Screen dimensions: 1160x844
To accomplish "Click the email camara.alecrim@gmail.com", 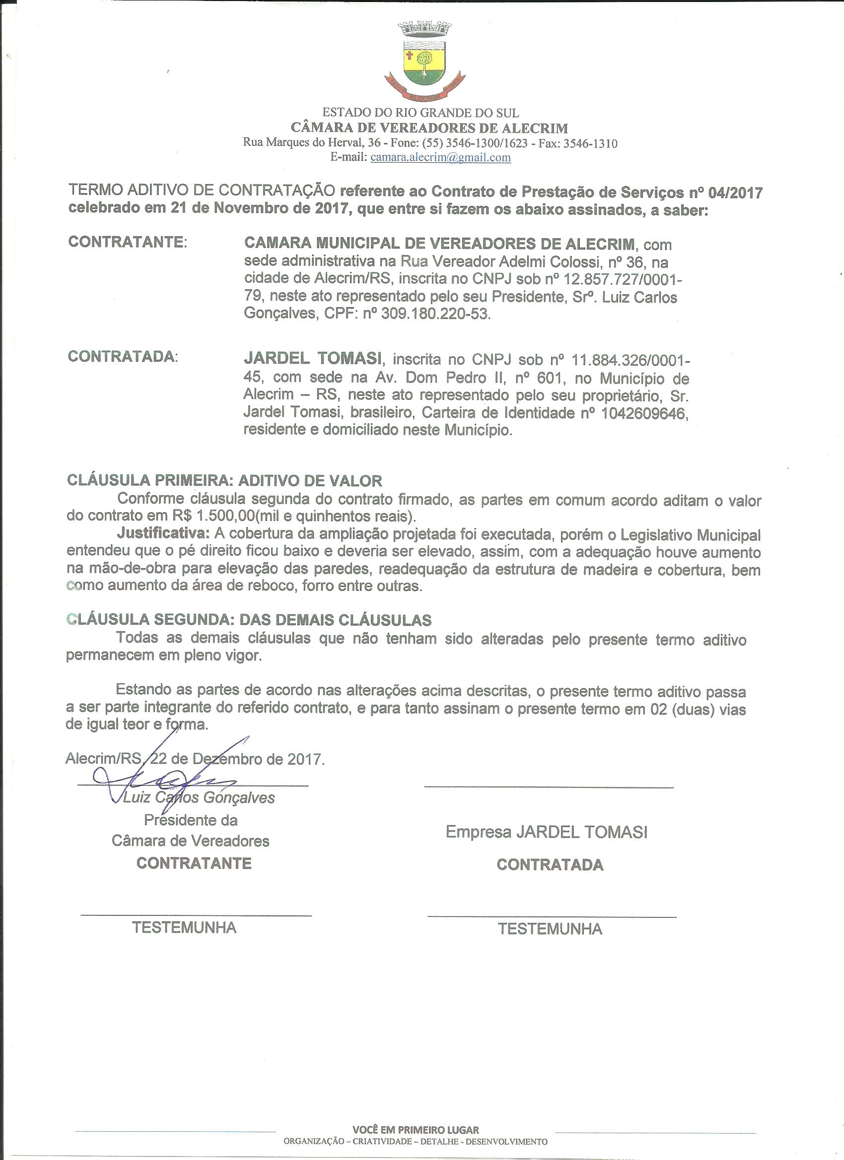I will click(440, 158).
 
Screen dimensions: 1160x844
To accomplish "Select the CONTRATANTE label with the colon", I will click(128, 242).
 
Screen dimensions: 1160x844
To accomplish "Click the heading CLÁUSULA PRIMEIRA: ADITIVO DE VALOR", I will click(225, 481).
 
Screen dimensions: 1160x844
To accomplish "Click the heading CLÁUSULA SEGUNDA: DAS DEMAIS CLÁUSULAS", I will click(249, 620).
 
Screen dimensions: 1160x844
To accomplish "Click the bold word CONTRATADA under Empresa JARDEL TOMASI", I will click(550, 865).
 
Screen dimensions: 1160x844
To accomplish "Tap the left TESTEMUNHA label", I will click(184, 928).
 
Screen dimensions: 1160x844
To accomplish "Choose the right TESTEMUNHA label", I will click(550, 929).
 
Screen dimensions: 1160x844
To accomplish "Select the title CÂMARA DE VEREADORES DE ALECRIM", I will click(429, 128).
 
